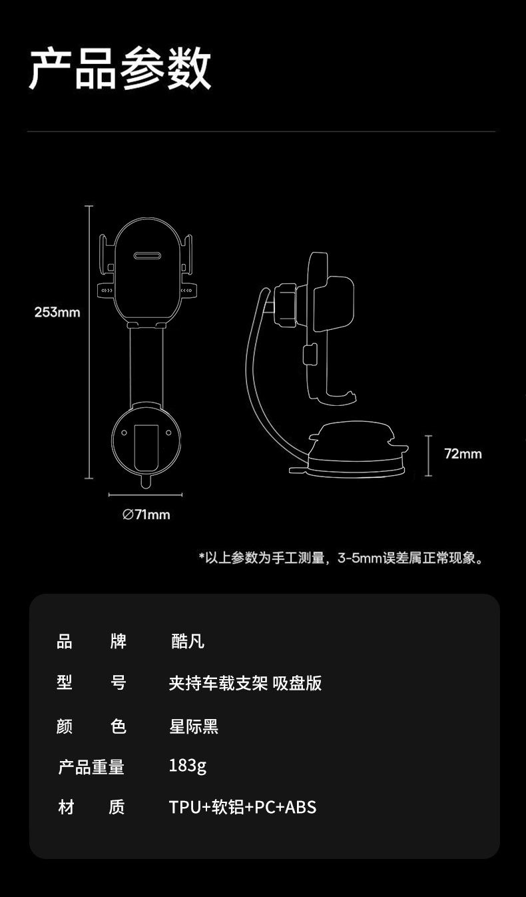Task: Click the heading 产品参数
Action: [x=120, y=69]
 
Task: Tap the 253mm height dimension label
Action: [x=57, y=312]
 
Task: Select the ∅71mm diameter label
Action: [x=146, y=514]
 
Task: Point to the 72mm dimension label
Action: [x=463, y=454]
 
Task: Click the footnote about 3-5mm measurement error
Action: [x=340, y=558]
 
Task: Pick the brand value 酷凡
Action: [x=188, y=641]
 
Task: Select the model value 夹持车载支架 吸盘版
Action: [x=245, y=683]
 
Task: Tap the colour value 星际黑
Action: [x=194, y=726]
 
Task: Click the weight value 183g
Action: [x=188, y=766]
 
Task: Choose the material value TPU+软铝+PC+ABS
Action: [x=242, y=807]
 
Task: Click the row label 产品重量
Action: [x=91, y=767]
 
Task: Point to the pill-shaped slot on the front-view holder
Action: [x=146, y=255]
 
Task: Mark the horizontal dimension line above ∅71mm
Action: [x=146, y=495]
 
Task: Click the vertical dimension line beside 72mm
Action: [x=429, y=455]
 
